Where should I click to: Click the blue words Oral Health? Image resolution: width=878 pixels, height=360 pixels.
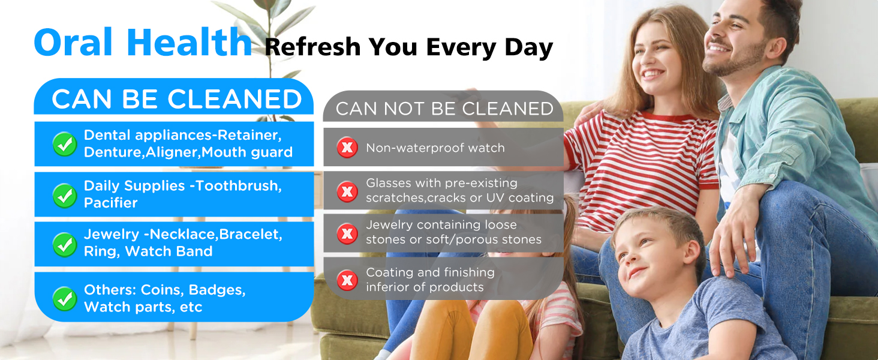point(143,43)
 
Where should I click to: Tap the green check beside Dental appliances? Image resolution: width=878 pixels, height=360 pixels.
point(64,144)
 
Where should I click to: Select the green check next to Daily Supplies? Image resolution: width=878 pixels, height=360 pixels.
point(64,194)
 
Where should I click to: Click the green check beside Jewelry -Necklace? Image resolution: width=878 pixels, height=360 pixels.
point(64,244)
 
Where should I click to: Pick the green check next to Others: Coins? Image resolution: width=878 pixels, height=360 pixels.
point(64,298)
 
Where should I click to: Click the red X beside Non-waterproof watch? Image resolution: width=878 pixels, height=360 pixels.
point(347,148)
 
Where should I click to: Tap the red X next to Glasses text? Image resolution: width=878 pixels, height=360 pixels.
point(347,191)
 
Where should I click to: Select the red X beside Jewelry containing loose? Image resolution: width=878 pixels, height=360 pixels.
point(347,233)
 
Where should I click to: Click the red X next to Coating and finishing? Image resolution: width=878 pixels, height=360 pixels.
point(347,280)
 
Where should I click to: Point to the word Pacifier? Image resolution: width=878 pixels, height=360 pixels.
point(111,203)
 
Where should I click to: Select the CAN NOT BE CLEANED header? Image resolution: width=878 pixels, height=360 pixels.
point(444,109)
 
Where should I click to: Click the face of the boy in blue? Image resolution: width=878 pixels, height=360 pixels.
point(648,252)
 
